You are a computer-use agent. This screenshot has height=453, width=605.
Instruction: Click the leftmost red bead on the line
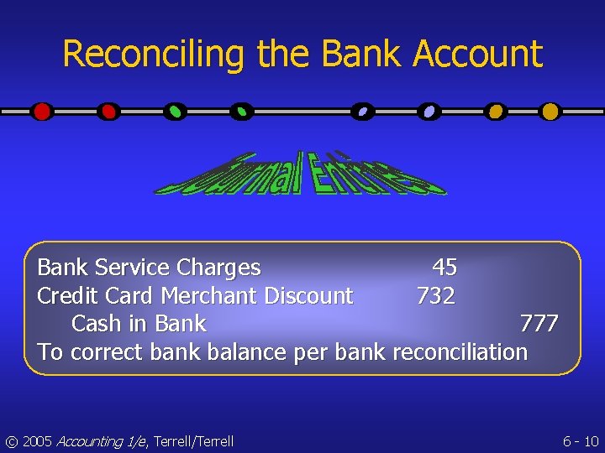(x=41, y=111)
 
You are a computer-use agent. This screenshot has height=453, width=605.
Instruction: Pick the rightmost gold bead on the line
(x=550, y=111)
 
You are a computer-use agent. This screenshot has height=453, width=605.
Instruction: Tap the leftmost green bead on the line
(x=174, y=111)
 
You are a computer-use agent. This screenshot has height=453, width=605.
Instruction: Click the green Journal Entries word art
(x=300, y=174)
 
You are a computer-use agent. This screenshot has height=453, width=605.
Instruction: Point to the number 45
(x=445, y=268)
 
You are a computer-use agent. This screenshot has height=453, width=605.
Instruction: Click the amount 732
(x=436, y=296)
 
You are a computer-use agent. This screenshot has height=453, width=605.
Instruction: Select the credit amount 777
(x=539, y=324)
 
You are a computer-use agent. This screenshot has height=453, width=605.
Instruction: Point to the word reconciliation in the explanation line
(x=460, y=352)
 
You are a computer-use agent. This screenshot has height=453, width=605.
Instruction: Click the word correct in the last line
(x=108, y=352)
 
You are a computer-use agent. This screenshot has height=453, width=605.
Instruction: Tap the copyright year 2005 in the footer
(x=36, y=441)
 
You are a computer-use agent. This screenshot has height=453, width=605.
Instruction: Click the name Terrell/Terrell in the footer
(x=193, y=441)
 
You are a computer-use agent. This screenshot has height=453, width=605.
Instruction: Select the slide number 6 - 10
(x=580, y=441)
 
